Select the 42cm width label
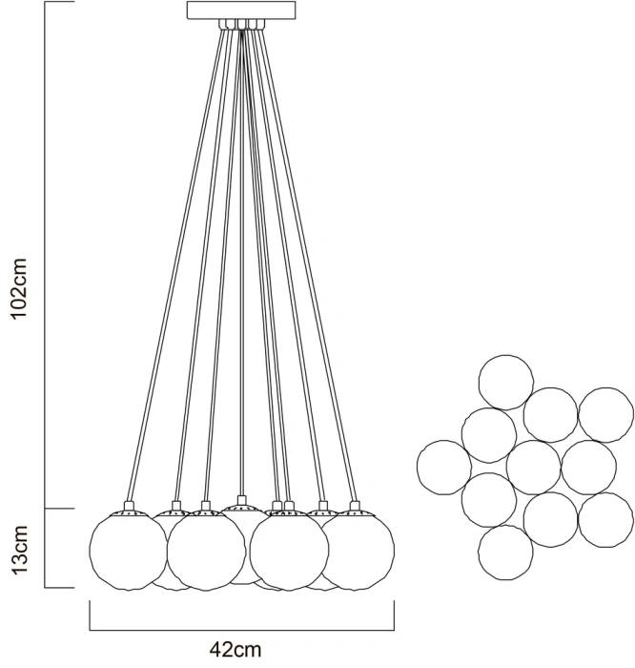[236, 651]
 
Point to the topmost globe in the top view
[506, 381]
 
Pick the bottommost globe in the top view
[505, 553]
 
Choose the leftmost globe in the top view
[444, 468]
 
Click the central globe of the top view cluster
[534, 468]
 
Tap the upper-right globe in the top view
[606, 414]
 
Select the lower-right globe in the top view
[605, 520]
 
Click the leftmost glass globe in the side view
[128, 549]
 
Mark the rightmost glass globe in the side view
[357, 549]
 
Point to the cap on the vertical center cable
[241, 500]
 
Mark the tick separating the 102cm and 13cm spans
[61, 509]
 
